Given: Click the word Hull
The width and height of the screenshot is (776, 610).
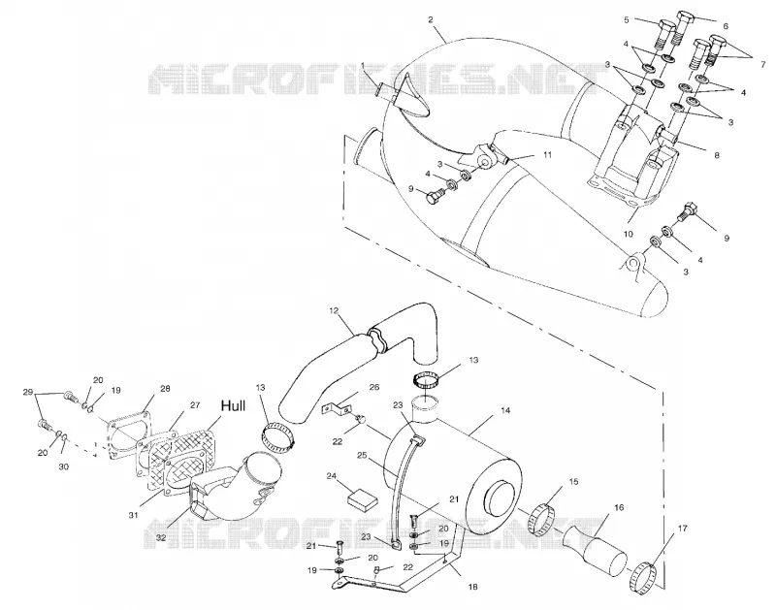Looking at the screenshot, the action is pyautogui.click(x=233, y=406).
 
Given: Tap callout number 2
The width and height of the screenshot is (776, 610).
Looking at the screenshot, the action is pyautogui.click(x=430, y=19).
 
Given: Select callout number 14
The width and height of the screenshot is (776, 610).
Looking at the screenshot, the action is pyautogui.click(x=504, y=410).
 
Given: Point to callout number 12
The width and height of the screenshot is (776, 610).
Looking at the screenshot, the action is pyautogui.click(x=333, y=310).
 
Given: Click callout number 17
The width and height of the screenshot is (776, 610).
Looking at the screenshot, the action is pyautogui.click(x=683, y=529).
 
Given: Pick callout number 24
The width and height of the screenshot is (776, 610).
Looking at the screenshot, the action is pyautogui.click(x=332, y=476).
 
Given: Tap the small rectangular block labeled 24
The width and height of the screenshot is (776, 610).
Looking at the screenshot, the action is pyautogui.click(x=362, y=498).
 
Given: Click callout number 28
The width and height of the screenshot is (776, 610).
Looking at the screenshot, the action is pyautogui.click(x=164, y=389).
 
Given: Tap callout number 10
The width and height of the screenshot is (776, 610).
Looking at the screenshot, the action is pyautogui.click(x=628, y=234).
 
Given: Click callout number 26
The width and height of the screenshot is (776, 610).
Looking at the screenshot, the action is pyautogui.click(x=374, y=387).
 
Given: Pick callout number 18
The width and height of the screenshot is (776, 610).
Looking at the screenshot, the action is pyautogui.click(x=472, y=587).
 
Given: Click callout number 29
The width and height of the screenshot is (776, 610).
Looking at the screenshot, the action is pyautogui.click(x=28, y=392).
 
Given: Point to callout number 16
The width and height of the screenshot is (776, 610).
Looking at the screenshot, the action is pyautogui.click(x=619, y=507).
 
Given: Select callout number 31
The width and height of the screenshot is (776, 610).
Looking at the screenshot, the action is pyautogui.click(x=133, y=515).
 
